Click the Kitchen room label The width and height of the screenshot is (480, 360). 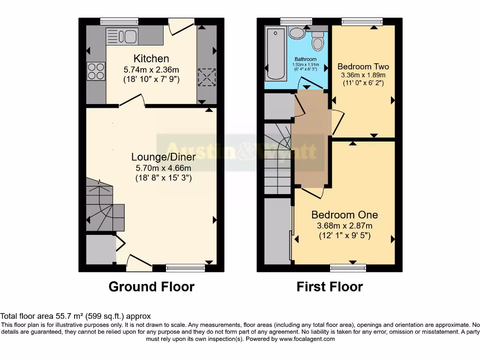(x=151, y=59)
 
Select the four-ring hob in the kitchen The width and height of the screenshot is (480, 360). (x=96, y=71)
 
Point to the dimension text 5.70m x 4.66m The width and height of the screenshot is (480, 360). (x=161, y=168)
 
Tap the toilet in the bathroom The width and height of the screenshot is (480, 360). (x=318, y=43)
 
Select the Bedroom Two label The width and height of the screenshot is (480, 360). (x=363, y=67)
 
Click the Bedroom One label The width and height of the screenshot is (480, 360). (x=345, y=215)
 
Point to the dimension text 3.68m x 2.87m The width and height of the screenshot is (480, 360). (x=345, y=226)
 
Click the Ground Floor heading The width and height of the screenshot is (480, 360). (x=151, y=286)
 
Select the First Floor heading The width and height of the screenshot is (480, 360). (x=330, y=286)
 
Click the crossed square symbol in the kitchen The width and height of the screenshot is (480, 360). (x=207, y=76)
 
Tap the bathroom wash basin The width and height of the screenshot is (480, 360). (x=296, y=33)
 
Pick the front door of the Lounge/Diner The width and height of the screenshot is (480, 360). (x=139, y=262)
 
